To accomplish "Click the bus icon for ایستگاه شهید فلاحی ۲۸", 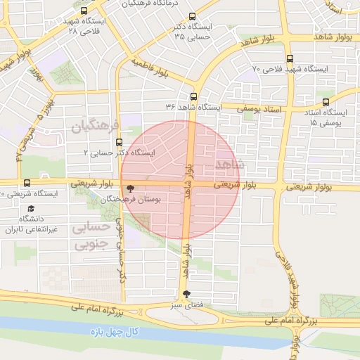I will [x=85, y=11].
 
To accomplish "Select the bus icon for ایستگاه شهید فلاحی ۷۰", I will [x=290, y=59].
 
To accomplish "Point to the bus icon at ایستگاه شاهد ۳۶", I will [x=193, y=96].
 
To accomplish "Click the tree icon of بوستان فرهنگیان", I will [x=129, y=188].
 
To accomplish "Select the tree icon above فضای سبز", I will [x=186, y=295].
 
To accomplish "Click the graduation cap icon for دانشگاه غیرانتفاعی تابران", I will [x=30, y=209].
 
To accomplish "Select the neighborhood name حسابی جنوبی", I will [x=91, y=236].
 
